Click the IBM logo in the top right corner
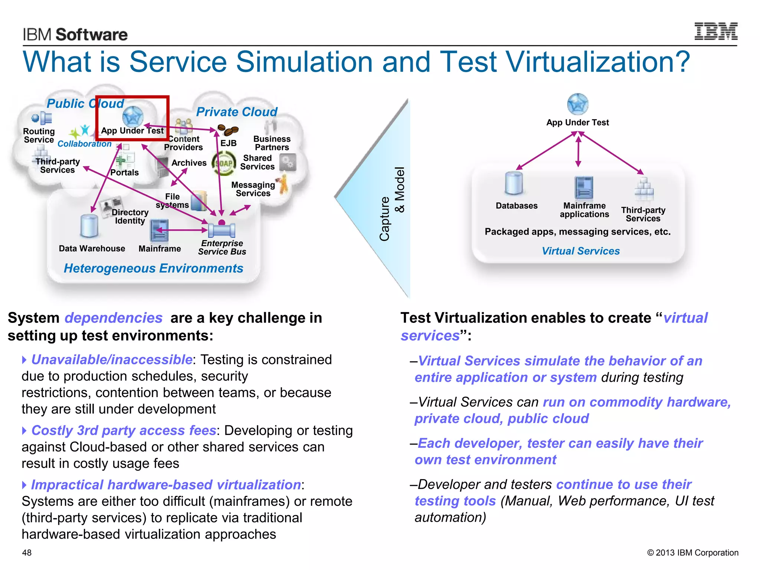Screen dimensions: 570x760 [x=715, y=31]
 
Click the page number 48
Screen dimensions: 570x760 [x=27, y=553]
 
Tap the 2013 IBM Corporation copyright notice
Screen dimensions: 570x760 [x=692, y=553]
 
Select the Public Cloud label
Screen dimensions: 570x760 [x=85, y=104]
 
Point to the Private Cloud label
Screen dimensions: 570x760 [x=237, y=112]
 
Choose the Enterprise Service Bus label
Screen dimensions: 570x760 [x=222, y=248]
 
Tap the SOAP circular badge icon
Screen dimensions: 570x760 [x=223, y=164]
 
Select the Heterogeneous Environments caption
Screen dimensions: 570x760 [x=153, y=268]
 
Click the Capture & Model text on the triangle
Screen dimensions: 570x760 [x=392, y=204]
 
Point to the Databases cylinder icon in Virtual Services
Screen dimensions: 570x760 [x=514, y=183]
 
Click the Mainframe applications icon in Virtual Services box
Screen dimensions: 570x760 [x=584, y=188]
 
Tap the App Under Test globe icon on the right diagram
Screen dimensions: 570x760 [x=577, y=104]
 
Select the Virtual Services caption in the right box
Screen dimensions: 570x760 [x=580, y=251]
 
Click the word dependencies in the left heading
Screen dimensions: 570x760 [x=113, y=318]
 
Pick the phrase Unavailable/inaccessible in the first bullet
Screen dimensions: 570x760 [x=112, y=360]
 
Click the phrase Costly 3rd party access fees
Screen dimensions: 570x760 [x=124, y=430]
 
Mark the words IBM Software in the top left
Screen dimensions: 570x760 [x=75, y=35]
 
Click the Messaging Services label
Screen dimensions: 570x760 [x=253, y=189]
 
